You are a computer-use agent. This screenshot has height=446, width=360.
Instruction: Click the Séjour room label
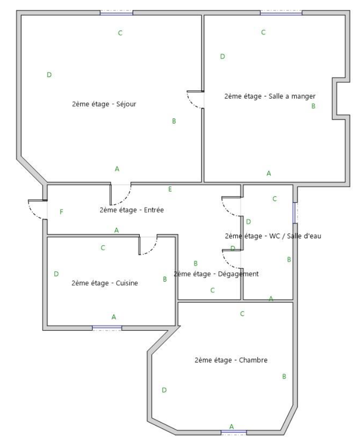(x=104, y=104)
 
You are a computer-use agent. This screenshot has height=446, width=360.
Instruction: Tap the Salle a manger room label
(x=270, y=96)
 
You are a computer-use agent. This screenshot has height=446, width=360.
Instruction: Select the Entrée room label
(x=131, y=210)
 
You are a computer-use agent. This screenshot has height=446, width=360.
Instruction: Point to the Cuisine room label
(x=105, y=283)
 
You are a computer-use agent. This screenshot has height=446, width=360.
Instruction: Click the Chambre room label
(x=231, y=360)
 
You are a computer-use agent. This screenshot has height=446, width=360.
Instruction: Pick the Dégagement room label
(x=216, y=274)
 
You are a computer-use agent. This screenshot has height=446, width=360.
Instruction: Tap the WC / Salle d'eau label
(x=273, y=236)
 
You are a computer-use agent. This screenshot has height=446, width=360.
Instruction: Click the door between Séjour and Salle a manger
(x=195, y=100)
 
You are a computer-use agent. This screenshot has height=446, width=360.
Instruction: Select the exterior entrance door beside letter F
(x=38, y=210)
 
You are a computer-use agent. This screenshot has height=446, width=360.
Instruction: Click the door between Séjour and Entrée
(x=121, y=195)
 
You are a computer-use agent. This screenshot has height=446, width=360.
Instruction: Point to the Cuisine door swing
(x=148, y=245)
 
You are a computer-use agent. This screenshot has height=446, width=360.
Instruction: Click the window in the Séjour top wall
(x=116, y=13)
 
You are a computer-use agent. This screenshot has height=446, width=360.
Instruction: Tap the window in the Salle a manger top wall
(x=281, y=13)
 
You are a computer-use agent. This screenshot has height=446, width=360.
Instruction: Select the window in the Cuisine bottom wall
(x=107, y=328)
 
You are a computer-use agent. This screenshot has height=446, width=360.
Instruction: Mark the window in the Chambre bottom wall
(x=234, y=433)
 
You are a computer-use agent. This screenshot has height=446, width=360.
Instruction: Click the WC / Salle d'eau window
(x=296, y=213)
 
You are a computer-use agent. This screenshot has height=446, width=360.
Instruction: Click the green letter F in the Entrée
(x=62, y=212)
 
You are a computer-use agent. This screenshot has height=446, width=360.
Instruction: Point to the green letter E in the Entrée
(x=170, y=189)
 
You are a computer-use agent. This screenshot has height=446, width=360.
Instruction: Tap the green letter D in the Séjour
(x=49, y=75)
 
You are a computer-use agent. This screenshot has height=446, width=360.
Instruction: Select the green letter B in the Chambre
(x=284, y=376)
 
